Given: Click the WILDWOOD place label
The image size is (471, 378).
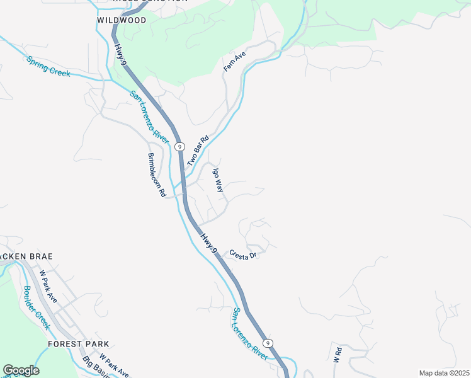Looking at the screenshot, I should (122, 20).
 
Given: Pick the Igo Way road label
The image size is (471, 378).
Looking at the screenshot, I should (217, 179).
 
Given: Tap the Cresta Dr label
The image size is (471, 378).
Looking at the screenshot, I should (243, 255).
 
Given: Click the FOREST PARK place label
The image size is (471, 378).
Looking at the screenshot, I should (78, 344).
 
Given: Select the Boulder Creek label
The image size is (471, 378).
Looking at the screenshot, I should (36, 307).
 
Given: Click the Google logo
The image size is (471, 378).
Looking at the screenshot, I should (21, 370).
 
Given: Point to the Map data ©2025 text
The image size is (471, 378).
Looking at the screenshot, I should (444, 373).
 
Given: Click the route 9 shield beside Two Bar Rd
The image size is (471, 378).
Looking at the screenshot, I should (180, 146).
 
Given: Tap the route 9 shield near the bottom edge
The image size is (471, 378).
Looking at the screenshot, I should (268, 343).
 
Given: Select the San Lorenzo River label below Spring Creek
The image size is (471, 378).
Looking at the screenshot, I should (149, 117).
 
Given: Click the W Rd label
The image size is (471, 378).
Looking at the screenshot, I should (338, 354).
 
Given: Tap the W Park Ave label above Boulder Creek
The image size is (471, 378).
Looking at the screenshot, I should (48, 287).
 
